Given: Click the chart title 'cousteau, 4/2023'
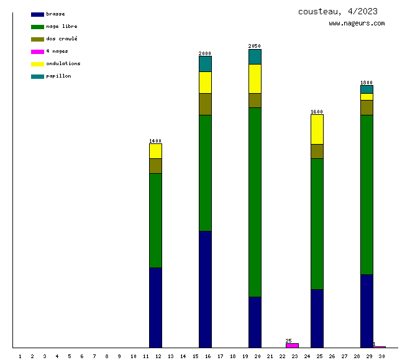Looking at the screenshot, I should pos(337,11).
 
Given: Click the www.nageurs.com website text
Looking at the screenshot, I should pos(357,24).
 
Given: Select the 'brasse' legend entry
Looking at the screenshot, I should pos(55,14).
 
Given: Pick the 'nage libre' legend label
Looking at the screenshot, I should pos(61,26).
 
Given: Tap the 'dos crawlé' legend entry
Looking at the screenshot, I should pos(61,38).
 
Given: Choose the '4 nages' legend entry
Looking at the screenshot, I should pos(57,51).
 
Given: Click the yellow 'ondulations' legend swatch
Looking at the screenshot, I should pos(37,64).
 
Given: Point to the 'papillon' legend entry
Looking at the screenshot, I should pos(58,76).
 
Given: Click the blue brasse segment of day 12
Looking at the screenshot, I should pos(155,307).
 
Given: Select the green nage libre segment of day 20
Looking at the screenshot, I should pos(255,202).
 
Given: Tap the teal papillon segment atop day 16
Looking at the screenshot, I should pos(205,64).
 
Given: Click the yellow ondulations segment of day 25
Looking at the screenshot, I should pos(317,129).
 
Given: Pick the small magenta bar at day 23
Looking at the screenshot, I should pos(292,345).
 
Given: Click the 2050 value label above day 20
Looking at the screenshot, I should pos(255,46).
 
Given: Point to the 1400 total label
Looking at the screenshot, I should pos(155,141).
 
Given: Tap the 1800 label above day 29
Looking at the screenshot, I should pos(367,83).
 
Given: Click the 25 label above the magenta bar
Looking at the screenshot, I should pos(289,341).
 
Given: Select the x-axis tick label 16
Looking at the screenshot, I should pos(207,356).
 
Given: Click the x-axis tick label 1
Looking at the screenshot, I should pos(20,356).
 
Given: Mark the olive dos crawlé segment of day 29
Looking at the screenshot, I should pos(367,107).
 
